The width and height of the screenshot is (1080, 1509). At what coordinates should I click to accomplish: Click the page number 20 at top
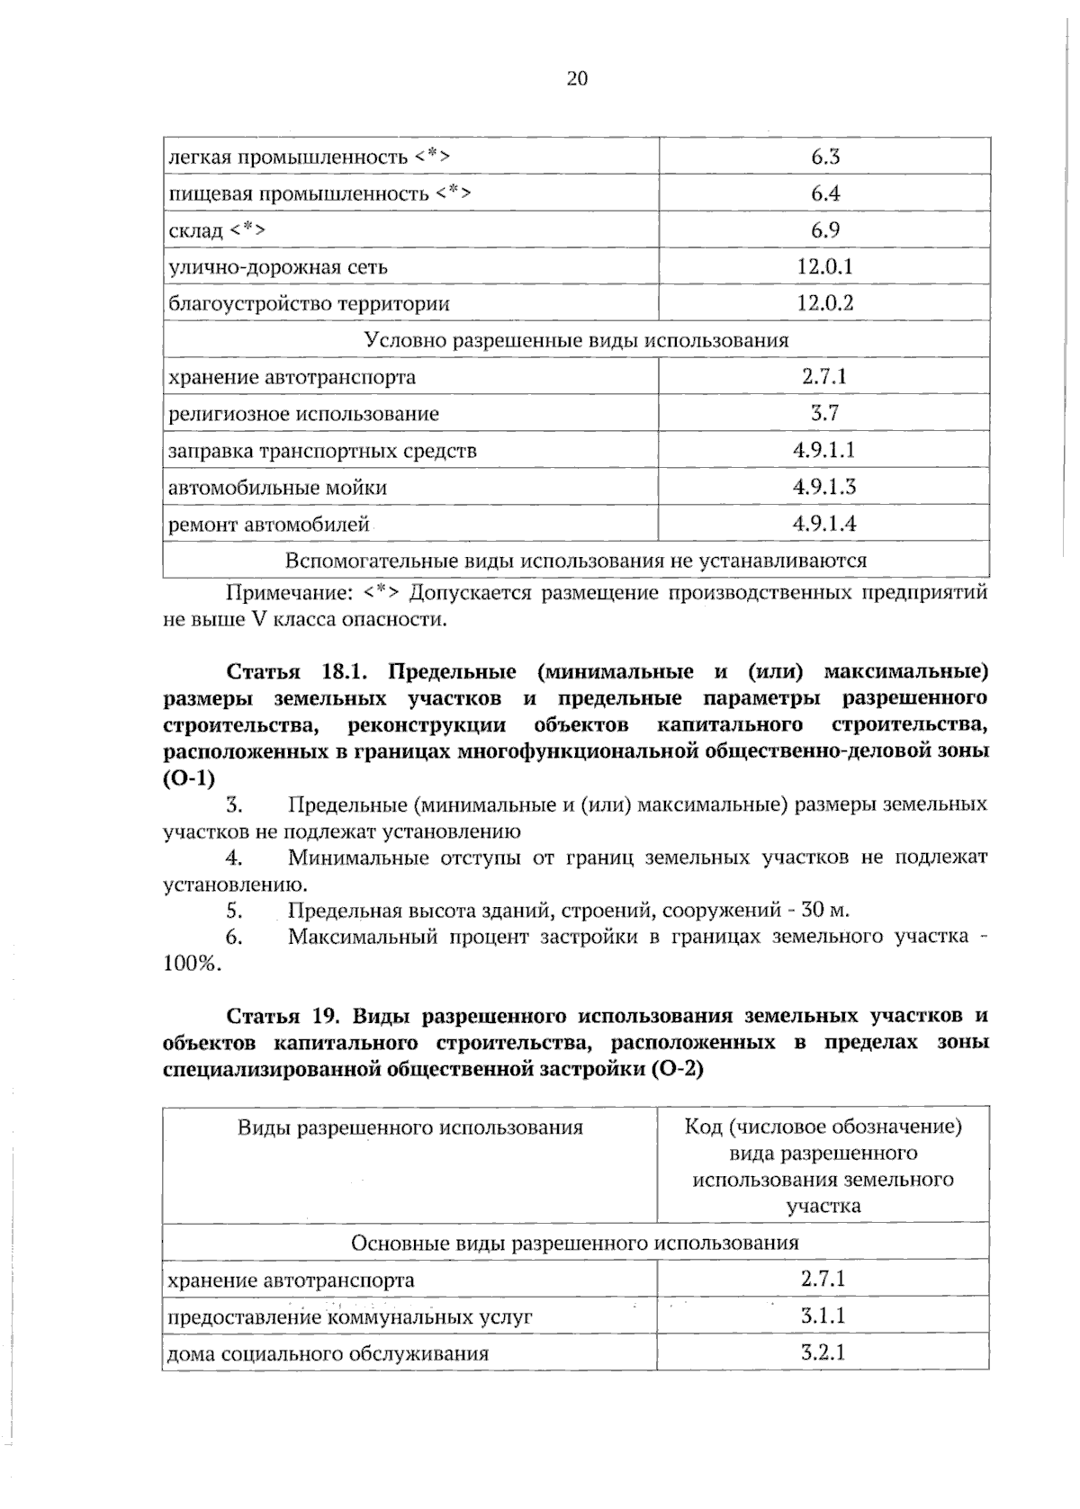click(577, 79)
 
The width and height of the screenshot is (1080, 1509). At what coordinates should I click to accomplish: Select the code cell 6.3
click(824, 157)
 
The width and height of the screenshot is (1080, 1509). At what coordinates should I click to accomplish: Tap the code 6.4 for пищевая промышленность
click(824, 193)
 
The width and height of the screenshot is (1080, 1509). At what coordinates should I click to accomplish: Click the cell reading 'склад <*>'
click(217, 230)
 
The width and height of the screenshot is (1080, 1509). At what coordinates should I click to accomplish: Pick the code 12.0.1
click(824, 266)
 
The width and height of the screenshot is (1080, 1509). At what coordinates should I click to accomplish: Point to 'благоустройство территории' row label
click(309, 303)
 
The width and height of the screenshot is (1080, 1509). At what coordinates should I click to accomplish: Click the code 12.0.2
click(824, 303)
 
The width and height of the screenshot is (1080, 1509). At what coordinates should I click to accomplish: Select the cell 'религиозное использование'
click(303, 414)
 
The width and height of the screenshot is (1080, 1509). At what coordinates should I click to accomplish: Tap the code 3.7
click(824, 413)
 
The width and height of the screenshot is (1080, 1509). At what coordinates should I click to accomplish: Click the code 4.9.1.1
click(824, 450)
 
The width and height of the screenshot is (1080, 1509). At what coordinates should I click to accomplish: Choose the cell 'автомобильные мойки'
click(277, 488)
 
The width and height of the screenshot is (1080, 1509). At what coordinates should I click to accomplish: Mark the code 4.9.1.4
click(824, 524)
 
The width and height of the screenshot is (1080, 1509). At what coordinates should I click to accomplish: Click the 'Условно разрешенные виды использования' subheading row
click(576, 340)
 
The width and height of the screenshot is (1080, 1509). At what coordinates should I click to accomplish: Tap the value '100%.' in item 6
click(192, 964)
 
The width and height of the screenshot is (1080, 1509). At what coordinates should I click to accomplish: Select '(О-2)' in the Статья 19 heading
click(676, 1069)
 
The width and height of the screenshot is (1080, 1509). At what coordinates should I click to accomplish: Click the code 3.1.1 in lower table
click(823, 1316)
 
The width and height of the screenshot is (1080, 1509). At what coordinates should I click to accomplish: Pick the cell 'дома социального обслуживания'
click(328, 1353)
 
